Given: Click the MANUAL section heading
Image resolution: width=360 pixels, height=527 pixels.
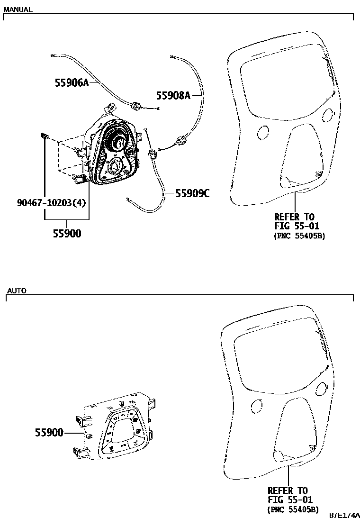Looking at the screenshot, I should coord(18,9).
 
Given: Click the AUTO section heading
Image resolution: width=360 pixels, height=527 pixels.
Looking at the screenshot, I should coord(17,290).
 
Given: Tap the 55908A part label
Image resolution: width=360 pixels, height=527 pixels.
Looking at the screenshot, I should coord(173,96).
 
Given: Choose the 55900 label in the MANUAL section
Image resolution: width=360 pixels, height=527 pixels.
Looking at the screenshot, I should coord(67,233).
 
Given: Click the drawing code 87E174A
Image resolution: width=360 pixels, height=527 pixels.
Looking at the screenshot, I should coord(344,515).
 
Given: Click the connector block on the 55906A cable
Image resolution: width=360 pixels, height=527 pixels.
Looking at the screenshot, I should coord(136,106).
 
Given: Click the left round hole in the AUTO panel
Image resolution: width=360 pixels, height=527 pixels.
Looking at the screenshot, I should coord(256,406).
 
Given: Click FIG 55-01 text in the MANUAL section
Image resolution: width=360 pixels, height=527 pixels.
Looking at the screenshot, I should coord(297,226).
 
